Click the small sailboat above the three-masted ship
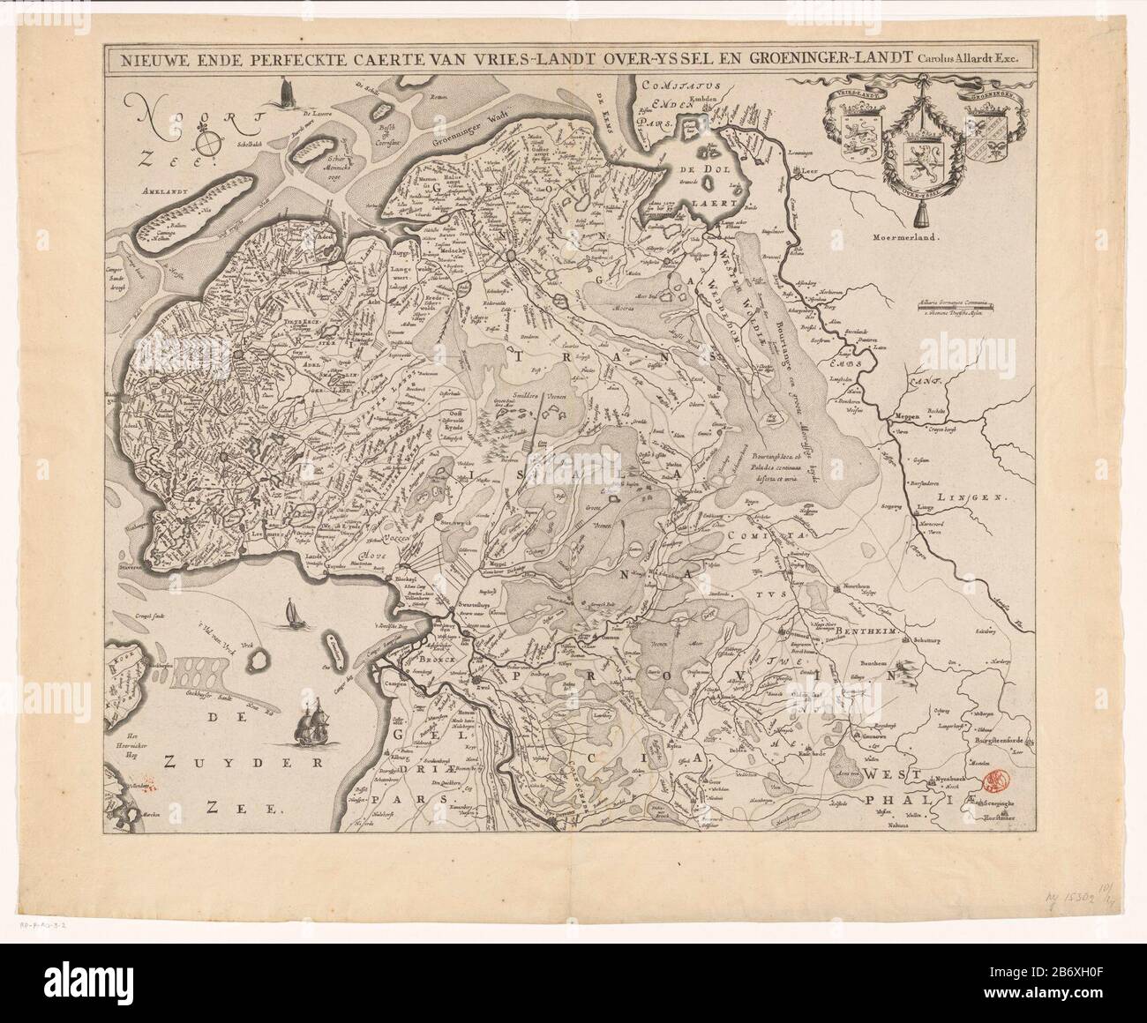click(289, 615)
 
